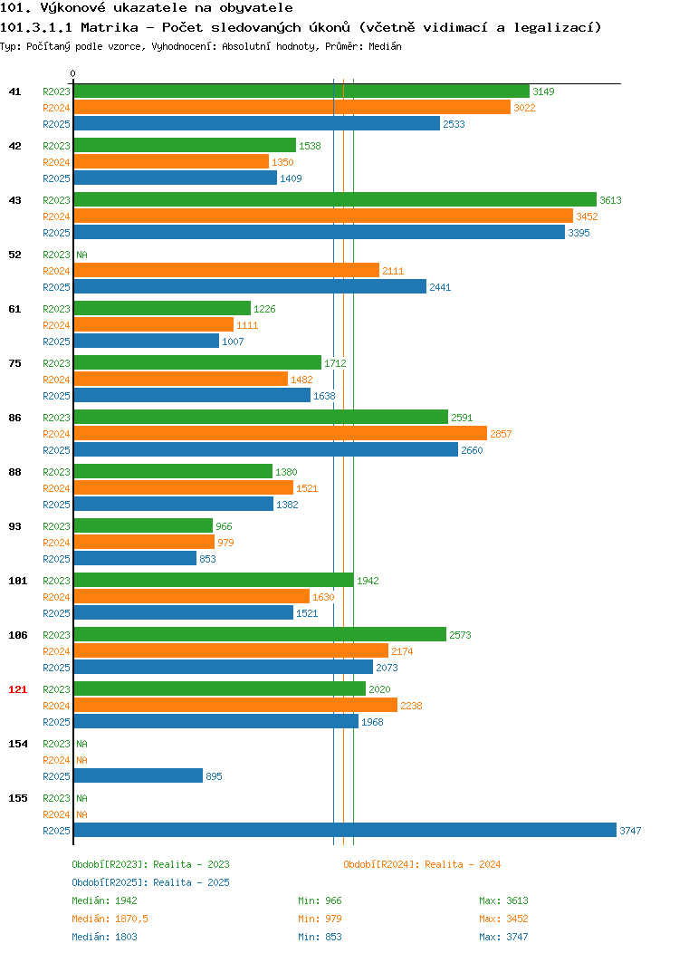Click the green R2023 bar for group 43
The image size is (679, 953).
pos(335,200)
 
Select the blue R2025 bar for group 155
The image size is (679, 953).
pos(345,830)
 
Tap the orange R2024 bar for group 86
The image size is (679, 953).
pos(281,433)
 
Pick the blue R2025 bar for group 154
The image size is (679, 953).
pos(139,776)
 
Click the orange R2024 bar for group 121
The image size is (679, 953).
pos(235,705)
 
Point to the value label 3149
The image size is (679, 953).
pos(543,91)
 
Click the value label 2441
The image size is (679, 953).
pos(440,287)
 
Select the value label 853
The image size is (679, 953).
pos(207,559)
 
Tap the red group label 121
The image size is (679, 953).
pos(17,689)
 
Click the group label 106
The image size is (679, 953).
pos(17,635)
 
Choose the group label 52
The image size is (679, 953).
pos(14,255)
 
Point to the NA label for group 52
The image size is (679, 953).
pos(82,255)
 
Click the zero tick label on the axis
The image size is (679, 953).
pos(73,74)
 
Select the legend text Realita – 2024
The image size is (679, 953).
pos(463,864)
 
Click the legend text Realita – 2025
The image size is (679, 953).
pos(191,882)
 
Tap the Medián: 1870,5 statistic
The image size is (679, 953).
pos(110,919)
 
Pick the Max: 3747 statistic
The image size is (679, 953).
pos(503,938)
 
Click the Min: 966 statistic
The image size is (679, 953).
pos(320,900)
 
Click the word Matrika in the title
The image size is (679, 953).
pos(110,27)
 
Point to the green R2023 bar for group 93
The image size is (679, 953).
pos(143,525)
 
